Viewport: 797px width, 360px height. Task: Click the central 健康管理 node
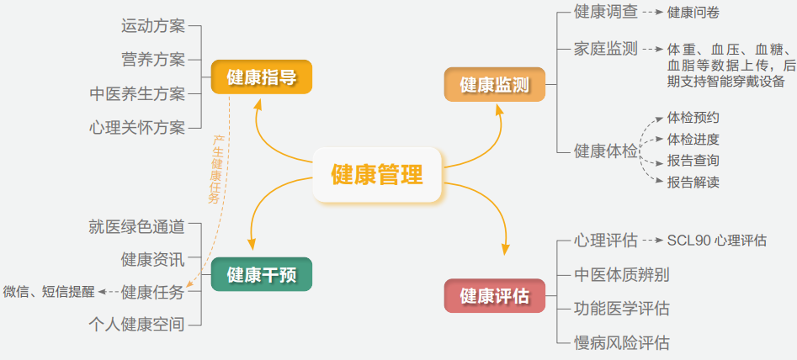[x=377, y=175]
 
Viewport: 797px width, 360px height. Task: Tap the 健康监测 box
[x=494, y=85]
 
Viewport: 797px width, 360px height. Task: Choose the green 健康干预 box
[x=261, y=275]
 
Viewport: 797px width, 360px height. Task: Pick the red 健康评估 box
[x=494, y=296]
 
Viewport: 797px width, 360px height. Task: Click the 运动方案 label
[x=152, y=25]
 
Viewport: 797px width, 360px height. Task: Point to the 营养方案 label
[x=152, y=59]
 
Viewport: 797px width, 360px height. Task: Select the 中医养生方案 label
[x=136, y=93]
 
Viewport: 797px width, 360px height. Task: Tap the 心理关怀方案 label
[x=136, y=128]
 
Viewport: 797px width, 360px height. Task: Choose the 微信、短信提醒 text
[x=49, y=292]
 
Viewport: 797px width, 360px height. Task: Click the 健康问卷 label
[x=693, y=13]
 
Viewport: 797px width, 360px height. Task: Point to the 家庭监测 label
[x=605, y=48]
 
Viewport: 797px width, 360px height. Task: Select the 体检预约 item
[x=693, y=118]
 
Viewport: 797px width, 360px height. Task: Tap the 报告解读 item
[x=693, y=182]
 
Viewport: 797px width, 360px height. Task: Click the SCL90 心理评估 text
[x=716, y=241]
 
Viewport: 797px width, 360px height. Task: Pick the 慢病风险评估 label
[x=621, y=342]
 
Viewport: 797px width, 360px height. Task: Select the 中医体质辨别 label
[x=621, y=274]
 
